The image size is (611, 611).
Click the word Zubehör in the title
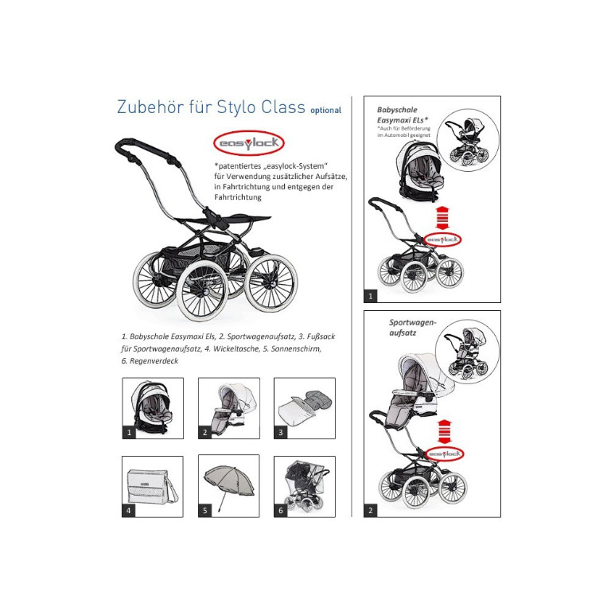click(150, 107)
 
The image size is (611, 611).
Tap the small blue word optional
click(325, 111)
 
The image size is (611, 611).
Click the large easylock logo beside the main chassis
click(249, 143)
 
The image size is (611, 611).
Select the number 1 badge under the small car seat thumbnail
click(129, 432)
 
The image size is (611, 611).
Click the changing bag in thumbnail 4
click(153, 486)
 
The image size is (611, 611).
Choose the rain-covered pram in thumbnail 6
click(305, 486)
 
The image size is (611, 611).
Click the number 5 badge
click(205, 511)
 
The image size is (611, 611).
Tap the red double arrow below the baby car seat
click(442, 218)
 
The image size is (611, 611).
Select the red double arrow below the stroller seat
click(445, 432)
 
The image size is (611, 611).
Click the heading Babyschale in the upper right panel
click(397, 110)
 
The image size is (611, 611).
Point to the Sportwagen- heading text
click(413, 322)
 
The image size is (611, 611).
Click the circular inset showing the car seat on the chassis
click(468, 140)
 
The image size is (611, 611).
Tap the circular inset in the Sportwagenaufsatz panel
click(467, 353)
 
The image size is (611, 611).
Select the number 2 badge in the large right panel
click(370, 510)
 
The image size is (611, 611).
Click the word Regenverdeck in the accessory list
click(154, 361)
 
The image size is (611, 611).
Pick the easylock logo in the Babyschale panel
click(442, 239)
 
